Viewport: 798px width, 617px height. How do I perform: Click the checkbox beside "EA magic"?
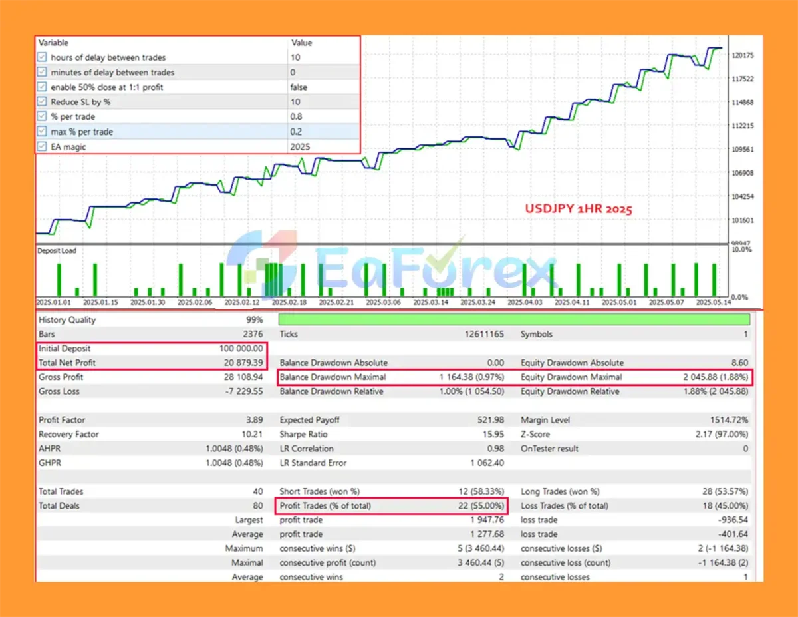tap(43, 146)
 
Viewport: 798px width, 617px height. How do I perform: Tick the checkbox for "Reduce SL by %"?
tap(43, 102)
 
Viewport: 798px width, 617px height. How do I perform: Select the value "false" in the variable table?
tap(299, 87)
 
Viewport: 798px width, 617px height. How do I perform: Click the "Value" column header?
tap(301, 43)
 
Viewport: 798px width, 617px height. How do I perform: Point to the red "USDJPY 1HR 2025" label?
tap(578, 208)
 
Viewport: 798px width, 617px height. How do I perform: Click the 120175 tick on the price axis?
tap(741, 55)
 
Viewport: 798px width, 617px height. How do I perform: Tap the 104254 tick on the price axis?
tap(741, 197)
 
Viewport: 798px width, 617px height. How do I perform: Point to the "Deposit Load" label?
tap(57, 251)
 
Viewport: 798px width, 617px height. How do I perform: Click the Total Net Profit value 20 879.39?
tap(241, 363)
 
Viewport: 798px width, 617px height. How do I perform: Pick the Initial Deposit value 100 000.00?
tap(241, 348)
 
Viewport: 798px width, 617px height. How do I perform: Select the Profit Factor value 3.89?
tap(254, 420)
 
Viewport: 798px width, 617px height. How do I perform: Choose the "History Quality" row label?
tap(67, 320)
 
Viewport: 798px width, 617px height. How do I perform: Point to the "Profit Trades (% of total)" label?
tap(325, 506)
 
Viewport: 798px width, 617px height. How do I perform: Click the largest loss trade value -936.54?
tap(733, 520)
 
